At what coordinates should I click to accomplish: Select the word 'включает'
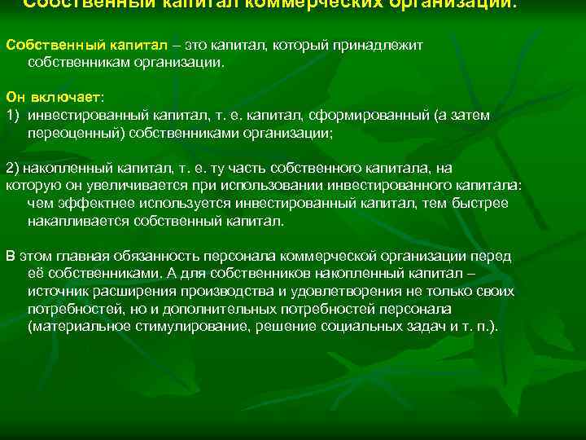click(x=72, y=97)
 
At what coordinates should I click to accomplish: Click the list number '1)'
click(x=12, y=115)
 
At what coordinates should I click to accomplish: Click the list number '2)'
click(x=12, y=168)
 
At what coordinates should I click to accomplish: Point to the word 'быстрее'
click(x=486, y=203)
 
